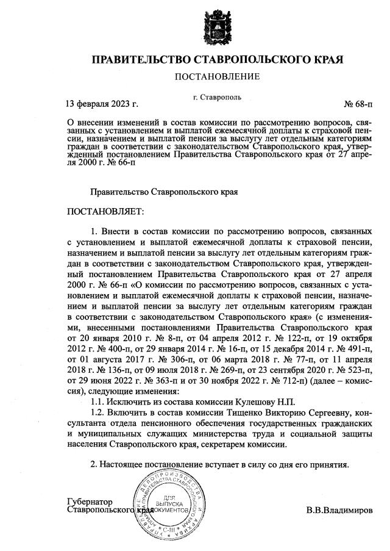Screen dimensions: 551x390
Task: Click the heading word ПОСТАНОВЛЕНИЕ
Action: pos(217,76)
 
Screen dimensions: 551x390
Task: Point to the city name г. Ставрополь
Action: pos(217,96)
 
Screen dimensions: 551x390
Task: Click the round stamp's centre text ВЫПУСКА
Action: pos(161,504)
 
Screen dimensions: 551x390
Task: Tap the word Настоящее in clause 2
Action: pos(124,465)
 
